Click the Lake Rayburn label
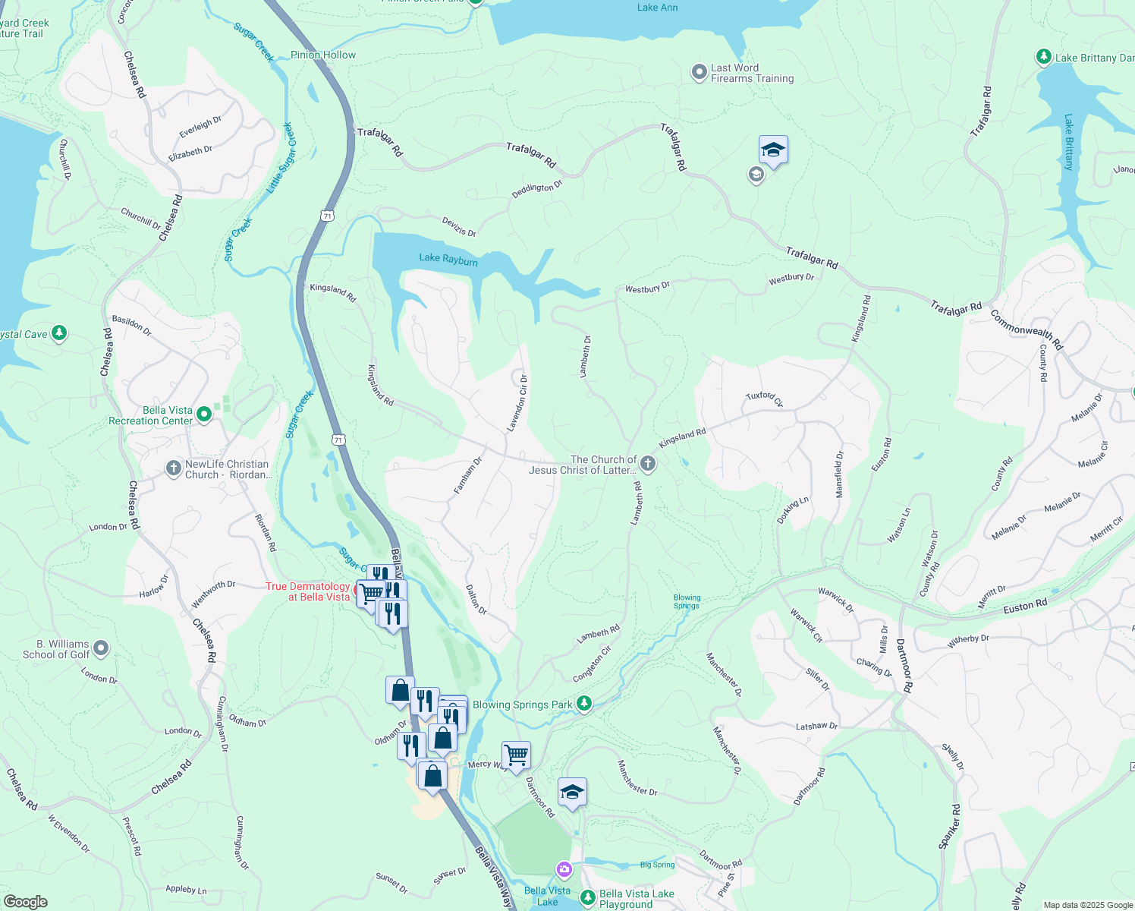click(x=448, y=259)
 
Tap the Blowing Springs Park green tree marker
click(x=583, y=704)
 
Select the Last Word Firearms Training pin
click(x=699, y=72)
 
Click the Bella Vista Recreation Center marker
click(x=203, y=415)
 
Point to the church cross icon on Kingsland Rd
click(x=647, y=463)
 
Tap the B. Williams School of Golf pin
click(x=101, y=648)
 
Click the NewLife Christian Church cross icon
click(x=173, y=468)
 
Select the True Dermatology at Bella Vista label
click(x=308, y=591)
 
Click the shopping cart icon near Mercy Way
click(x=516, y=755)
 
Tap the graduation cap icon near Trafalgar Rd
click(x=772, y=150)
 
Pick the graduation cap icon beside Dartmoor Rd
click(x=572, y=792)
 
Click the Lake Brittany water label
click(x=1068, y=142)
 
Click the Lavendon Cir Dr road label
click(x=517, y=403)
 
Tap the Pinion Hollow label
click(x=323, y=55)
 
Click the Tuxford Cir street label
click(x=764, y=399)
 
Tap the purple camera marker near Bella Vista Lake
click(x=564, y=868)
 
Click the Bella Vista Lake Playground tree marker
click(x=588, y=898)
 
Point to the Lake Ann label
click(x=657, y=8)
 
